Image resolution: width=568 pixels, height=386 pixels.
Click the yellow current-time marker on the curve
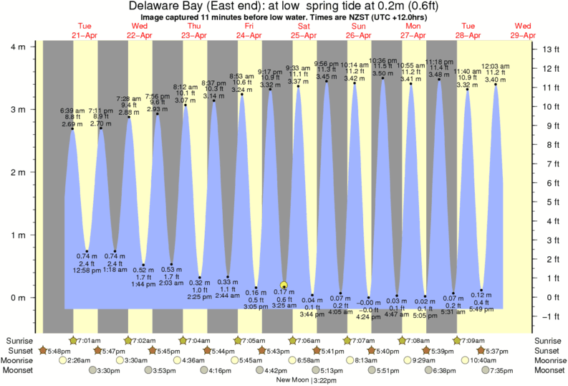tap(284, 285)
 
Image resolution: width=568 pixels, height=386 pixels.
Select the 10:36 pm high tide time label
tap(382, 60)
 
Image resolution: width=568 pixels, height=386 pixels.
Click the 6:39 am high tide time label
tap(72, 110)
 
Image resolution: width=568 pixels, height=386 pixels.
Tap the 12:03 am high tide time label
tap(495, 66)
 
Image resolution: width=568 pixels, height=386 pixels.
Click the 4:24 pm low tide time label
tap(369, 316)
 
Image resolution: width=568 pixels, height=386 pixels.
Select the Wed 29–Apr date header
tap(523, 30)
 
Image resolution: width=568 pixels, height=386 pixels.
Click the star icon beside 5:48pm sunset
tap(42, 350)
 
